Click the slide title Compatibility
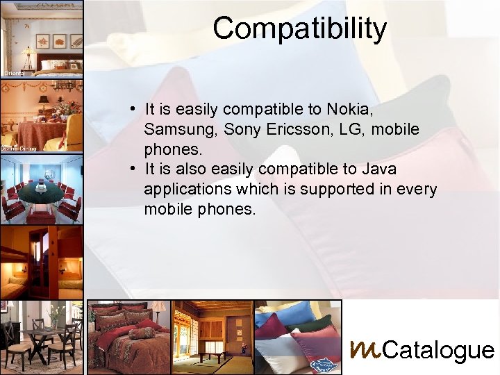299,28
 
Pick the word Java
379,169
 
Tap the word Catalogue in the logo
438,351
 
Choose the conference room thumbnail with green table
42,187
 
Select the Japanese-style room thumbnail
212,337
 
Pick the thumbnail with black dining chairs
42,337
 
